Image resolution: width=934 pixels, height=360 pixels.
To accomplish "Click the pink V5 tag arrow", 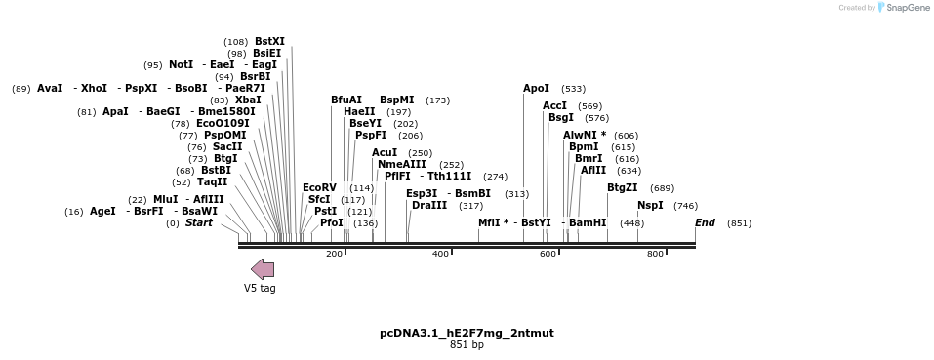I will pos(262,269).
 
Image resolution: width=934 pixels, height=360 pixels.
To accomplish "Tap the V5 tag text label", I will pos(260,288).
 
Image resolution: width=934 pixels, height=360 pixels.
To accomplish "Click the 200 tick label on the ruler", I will pos(334,254).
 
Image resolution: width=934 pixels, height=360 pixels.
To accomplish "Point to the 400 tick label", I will pos(440,254).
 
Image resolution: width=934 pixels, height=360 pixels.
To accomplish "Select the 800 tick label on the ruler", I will pos(655,254).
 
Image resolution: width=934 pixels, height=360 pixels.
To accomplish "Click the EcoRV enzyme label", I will pos(319,187).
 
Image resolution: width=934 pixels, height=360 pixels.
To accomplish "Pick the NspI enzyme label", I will pos(650,205).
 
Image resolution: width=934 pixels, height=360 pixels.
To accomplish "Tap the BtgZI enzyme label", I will pos(622,187).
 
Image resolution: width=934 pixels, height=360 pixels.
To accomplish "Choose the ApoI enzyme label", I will pos(536,88).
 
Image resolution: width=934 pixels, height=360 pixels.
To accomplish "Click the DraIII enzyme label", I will pos(429,205).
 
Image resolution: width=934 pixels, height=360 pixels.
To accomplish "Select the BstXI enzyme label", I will pos(269,41).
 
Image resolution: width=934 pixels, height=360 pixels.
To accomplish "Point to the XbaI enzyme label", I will pos(248,100).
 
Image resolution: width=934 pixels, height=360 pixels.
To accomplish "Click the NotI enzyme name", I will pos(181,64).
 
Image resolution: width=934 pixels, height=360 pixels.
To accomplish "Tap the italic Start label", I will pos(198,222).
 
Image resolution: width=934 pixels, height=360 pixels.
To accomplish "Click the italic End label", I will pos(705,222).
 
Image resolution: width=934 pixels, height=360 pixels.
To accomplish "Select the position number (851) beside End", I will pos(739,223).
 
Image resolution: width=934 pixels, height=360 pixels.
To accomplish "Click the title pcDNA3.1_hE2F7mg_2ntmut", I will pos(467,333).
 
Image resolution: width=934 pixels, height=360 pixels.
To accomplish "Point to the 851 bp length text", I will pos(467,344).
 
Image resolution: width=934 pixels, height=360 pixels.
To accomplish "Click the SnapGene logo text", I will pos(907,8).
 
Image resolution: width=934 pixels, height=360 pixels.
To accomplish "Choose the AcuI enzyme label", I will pos(385,152).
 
